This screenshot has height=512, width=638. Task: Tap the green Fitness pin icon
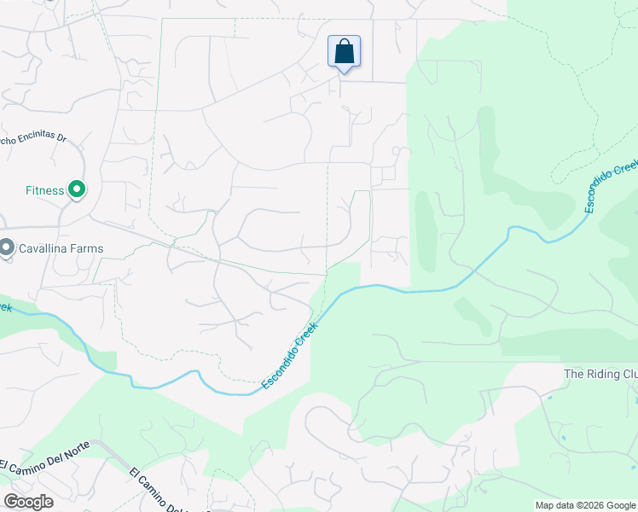[76, 189]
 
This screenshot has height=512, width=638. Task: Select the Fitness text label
[44, 190]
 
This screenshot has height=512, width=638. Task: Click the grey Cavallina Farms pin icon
[6, 248]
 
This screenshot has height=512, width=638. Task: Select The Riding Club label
[600, 375]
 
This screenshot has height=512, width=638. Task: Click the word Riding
[605, 375]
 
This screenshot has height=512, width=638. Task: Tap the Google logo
[28, 501]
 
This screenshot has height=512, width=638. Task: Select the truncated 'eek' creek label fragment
[6, 305]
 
